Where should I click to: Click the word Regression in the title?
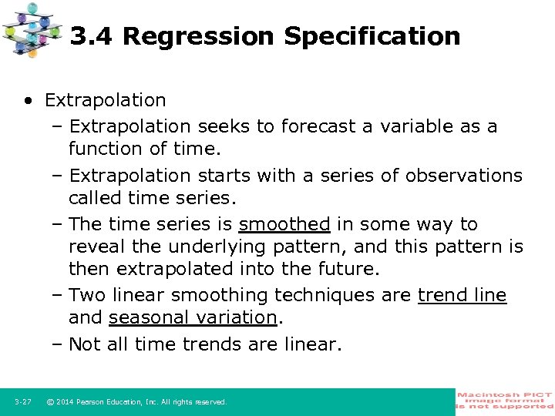click(x=198, y=36)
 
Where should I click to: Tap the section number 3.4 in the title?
click(x=92, y=36)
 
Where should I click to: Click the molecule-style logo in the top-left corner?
click(x=32, y=29)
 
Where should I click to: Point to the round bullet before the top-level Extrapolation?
click(x=29, y=101)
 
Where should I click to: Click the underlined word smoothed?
click(x=284, y=224)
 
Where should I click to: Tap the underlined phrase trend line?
click(x=462, y=295)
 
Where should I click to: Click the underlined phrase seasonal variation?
click(x=193, y=317)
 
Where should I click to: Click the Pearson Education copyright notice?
click(x=136, y=402)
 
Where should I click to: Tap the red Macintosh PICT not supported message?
click(x=505, y=401)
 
